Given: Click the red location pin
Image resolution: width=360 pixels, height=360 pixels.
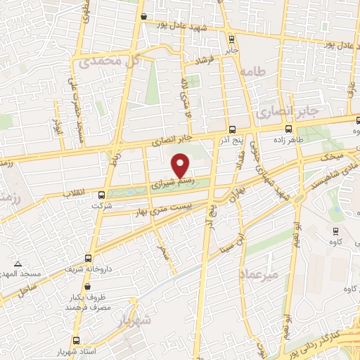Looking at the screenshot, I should (x=181, y=165).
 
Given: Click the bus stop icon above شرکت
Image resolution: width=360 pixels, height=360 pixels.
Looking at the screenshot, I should (x=102, y=194).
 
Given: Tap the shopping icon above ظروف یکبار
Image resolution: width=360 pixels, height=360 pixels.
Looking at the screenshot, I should (x=88, y=287).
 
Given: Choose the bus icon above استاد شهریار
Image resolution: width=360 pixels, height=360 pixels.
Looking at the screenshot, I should (x=85, y=321).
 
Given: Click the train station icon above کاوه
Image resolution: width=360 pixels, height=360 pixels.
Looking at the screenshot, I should (x=333, y=229).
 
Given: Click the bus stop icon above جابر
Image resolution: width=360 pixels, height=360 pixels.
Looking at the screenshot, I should (x=232, y=39).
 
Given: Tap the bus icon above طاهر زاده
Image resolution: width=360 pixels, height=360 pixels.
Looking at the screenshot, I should (x=289, y=129).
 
